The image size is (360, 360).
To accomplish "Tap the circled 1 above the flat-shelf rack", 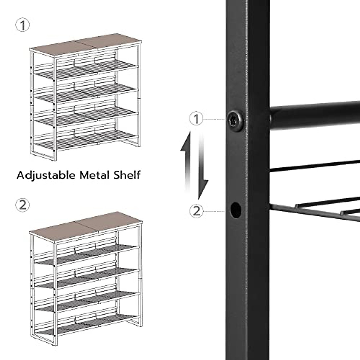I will (23, 25).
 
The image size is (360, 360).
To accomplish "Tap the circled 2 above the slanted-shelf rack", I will (23, 205).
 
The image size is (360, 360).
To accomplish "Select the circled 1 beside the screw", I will (196, 119).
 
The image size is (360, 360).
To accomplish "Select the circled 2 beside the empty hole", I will (196, 211).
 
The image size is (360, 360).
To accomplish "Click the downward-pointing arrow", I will (202, 168).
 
